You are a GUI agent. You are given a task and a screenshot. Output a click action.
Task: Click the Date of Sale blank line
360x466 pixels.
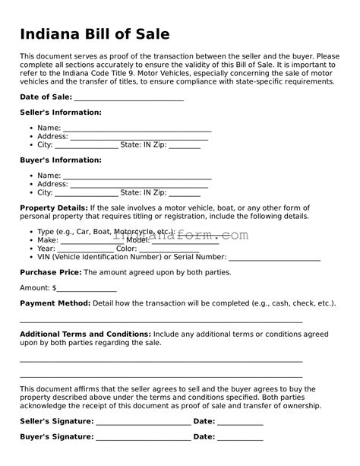(x=129, y=97)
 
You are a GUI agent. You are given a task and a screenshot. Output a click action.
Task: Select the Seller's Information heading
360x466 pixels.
(x=60, y=113)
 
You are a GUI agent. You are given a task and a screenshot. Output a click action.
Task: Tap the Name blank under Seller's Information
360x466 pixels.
(x=137, y=128)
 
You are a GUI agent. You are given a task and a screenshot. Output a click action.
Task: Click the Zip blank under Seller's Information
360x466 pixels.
(x=185, y=145)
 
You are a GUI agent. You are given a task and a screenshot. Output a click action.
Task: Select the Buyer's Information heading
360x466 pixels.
(x=60, y=160)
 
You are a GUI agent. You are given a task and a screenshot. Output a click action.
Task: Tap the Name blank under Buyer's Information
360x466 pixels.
(x=137, y=176)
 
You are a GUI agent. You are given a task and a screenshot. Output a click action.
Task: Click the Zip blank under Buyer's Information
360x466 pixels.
(x=185, y=193)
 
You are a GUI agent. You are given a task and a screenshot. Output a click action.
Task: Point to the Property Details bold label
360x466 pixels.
(x=53, y=208)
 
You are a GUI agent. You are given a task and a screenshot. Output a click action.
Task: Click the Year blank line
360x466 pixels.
(x=85, y=249)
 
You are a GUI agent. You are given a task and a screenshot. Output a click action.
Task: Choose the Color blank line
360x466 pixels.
(x=169, y=249)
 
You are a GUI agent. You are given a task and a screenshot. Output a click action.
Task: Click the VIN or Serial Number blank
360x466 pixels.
(x=274, y=258)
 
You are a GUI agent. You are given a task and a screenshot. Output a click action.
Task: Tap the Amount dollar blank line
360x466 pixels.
(x=87, y=289)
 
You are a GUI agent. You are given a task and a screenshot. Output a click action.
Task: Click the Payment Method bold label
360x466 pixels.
(x=55, y=303)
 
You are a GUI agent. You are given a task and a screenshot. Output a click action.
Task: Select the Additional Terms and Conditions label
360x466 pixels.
(x=85, y=334)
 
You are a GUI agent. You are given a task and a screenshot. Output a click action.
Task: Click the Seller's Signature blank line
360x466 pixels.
(x=144, y=421)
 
